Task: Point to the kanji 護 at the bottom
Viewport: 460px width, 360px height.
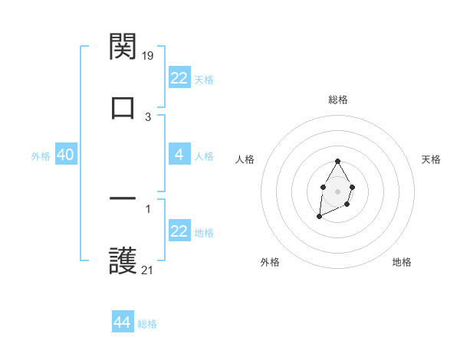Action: [x=123, y=260]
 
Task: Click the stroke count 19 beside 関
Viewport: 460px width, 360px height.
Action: [x=149, y=55]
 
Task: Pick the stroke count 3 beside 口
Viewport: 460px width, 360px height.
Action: [x=148, y=116]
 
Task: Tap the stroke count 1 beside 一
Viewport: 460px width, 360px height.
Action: [x=148, y=208]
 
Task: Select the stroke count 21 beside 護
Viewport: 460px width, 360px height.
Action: [x=148, y=270]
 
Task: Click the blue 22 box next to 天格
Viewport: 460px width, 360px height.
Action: [x=179, y=78]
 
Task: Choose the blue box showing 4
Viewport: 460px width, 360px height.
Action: [x=179, y=155]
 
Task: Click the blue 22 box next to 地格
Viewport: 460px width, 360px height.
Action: [x=179, y=231]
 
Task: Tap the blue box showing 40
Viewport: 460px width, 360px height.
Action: [x=66, y=155]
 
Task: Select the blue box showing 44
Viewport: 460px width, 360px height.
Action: [x=123, y=322]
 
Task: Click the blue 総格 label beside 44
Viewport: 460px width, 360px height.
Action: [x=147, y=324]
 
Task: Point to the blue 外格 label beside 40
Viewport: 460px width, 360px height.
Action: [x=41, y=156]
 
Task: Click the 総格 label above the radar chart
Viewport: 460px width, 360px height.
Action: [x=337, y=100]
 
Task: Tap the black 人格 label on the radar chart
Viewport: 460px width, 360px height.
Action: [x=245, y=159]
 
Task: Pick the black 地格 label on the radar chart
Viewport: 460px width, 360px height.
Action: [x=402, y=262]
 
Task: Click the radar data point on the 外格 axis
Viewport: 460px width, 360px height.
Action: [x=319, y=218]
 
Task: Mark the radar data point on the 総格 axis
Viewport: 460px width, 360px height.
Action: [x=337, y=162]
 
